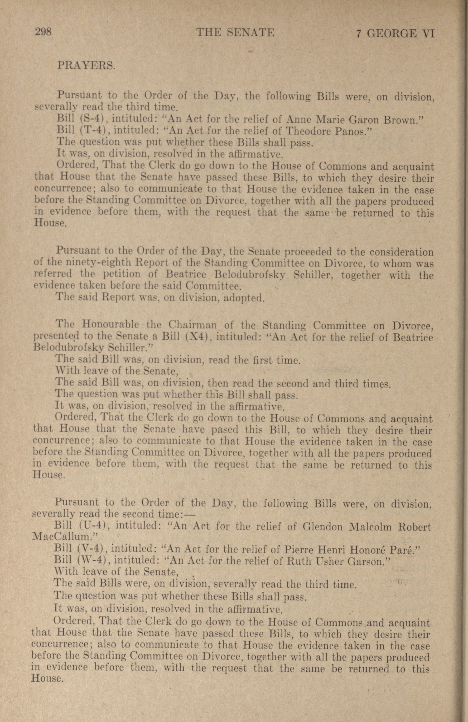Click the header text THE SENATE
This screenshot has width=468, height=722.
tap(235, 32)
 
